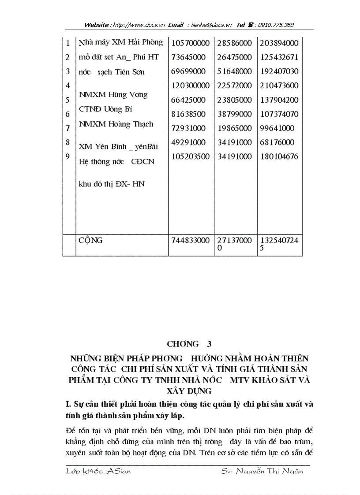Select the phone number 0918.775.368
272,25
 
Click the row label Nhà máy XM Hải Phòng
121,43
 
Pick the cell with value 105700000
191,43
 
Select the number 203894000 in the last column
279,43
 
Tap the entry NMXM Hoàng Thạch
116,124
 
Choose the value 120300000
191,86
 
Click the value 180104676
279,156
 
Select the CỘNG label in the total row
90,241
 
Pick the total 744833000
191,241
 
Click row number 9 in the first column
67,156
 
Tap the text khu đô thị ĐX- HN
112,184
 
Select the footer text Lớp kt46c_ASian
97,471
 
